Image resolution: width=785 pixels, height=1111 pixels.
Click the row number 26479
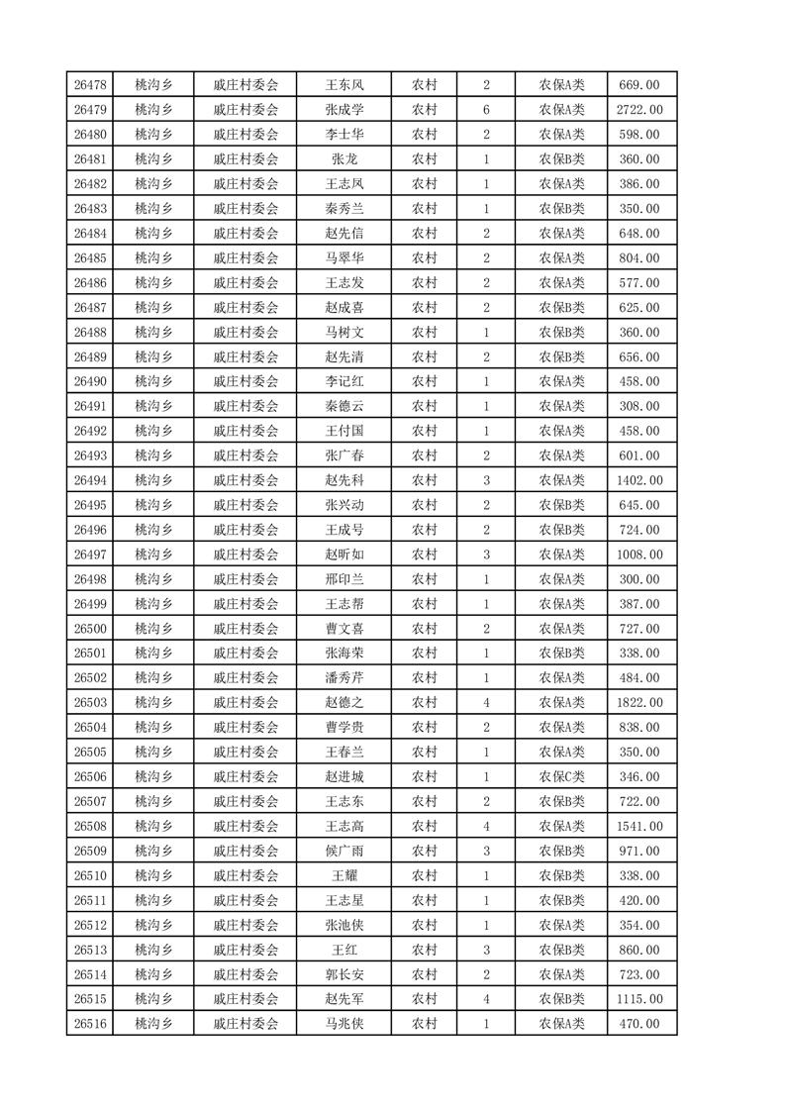[x=90, y=110]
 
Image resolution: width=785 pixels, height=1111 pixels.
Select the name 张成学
[x=343, y=110]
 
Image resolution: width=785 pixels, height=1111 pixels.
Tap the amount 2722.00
[x=639, y=110]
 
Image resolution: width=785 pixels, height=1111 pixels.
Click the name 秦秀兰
[x=343, y=209]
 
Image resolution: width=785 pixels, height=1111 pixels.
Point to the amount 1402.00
[x=639, y=480]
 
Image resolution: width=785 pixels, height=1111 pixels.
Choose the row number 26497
[x=90, y=555]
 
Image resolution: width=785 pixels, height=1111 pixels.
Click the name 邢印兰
[x=343, y=579]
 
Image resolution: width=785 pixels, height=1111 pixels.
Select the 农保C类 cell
[x=561, y=777]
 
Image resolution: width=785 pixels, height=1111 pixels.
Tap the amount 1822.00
[x=639, y=703]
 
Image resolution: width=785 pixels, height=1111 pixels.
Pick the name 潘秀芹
[x=343, y=678]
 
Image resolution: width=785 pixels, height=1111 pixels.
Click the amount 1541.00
[x=639, y=827]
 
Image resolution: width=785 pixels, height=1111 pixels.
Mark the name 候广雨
[x=343, y=852]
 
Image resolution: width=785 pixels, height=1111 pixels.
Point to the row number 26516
[x=90, y=1024]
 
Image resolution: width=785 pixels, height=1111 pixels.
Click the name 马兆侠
[x=343, y=1024]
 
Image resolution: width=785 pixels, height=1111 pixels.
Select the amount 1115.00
[x=639, y=999]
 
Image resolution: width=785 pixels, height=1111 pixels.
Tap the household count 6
[x=486, y=110]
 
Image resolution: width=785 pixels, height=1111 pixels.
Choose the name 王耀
[x=343, y=876]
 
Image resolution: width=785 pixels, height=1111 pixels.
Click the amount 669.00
[x=639, y=85]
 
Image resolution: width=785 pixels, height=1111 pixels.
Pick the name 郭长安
[x=343, y=974]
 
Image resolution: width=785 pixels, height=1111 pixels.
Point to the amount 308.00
[x=639, y=406]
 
